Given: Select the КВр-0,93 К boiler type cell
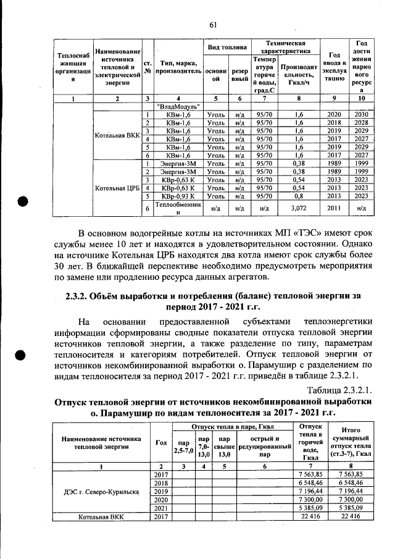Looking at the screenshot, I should [173, 195].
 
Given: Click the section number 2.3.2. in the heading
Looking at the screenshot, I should [80, 295].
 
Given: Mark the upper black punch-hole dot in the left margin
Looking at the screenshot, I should [23, 203].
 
